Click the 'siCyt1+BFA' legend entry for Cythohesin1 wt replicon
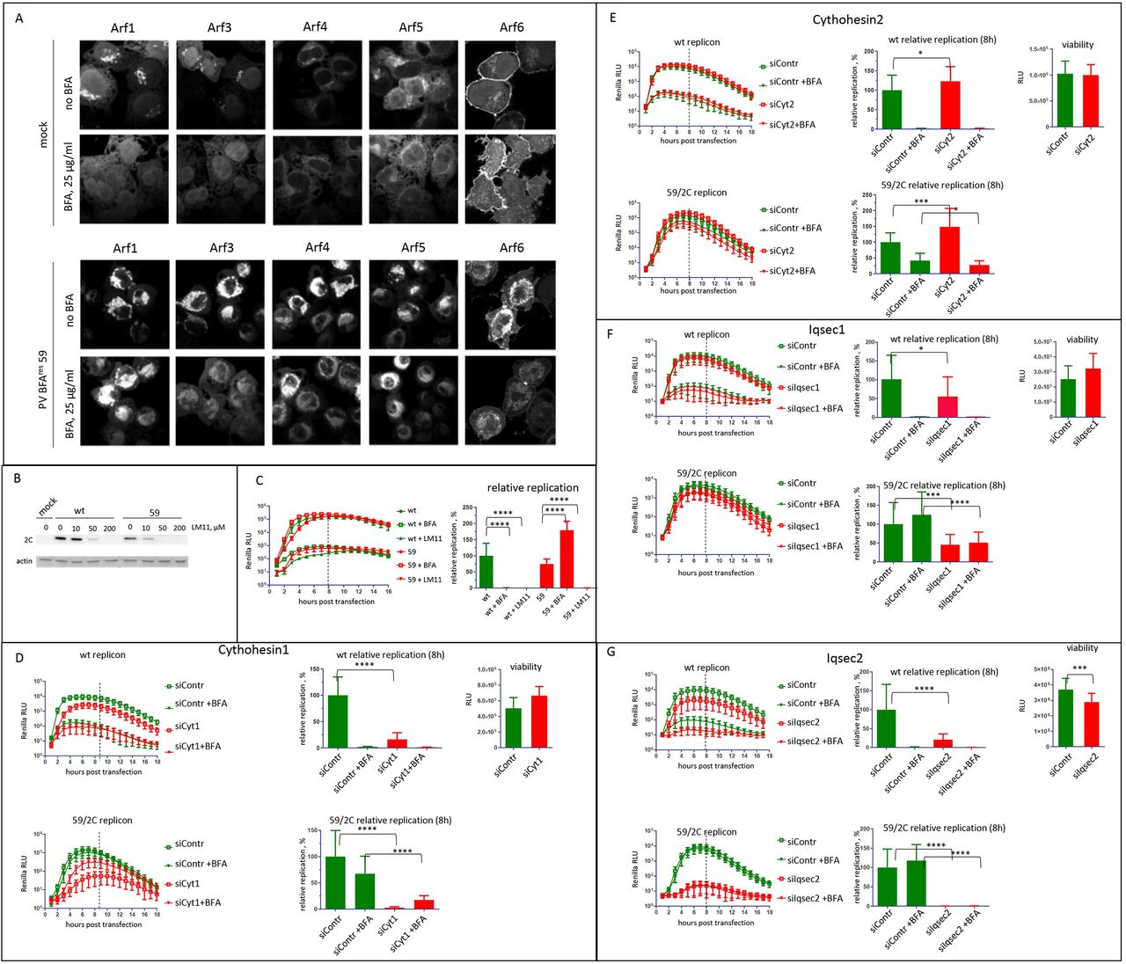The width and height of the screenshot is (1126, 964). pyautogui.click(x=198, y=746)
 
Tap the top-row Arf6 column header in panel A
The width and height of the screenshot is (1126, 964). pyautogui.click(x=512, y=27)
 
